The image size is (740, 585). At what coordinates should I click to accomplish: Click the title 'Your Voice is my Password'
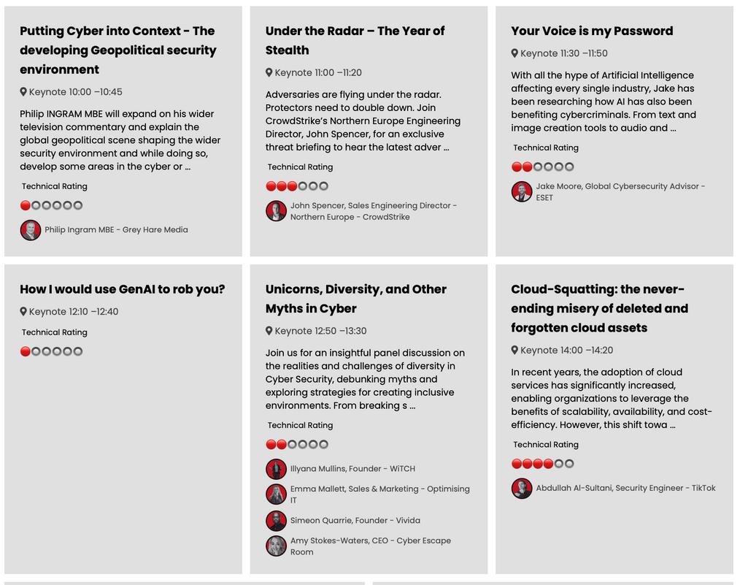[592, 31]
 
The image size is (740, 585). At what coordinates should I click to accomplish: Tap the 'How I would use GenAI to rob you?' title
[123, 289]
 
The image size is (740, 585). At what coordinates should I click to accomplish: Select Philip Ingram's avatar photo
[30, 230]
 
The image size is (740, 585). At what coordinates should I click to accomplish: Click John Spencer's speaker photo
[276, 211]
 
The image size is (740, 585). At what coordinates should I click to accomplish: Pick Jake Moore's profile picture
[521, 192]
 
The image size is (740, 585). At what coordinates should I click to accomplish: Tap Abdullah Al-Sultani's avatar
[521, 489]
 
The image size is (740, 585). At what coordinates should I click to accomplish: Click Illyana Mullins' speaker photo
[276, 469]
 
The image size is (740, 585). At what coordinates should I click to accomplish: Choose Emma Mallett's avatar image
[276, 494]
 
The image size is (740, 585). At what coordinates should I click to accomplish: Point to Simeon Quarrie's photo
[276, 521]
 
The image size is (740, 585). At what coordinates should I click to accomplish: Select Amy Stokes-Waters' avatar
[276, 546]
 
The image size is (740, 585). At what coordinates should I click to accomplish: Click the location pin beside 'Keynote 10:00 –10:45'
[23, 92]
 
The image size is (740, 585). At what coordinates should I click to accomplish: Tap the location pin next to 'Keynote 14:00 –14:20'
[514, 351]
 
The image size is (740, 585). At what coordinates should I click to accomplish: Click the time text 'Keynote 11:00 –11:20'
[317, 73]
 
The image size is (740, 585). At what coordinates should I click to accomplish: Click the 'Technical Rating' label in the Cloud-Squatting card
[545, 445]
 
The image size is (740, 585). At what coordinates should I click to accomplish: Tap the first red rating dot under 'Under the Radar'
[271, 186]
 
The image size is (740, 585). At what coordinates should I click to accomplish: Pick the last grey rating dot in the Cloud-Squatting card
[569, 464]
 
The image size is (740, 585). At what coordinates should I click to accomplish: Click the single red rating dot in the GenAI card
[26, 351]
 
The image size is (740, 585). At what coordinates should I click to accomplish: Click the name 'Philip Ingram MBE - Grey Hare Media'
[116, 230]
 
